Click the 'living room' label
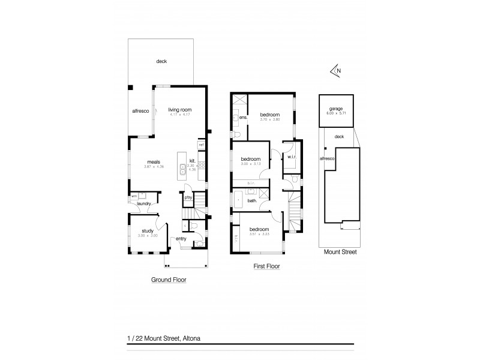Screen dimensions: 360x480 [179, 110]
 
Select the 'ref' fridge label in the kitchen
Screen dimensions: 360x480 [202, 145]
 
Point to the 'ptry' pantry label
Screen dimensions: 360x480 [188, 197]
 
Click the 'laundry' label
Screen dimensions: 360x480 [143, 203]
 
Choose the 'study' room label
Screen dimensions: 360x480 [148, 230]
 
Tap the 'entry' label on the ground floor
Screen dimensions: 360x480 [181, 239]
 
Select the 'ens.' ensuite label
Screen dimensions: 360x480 [243, 118]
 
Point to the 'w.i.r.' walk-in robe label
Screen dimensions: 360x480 [292, 158]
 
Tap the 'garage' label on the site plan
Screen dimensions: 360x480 [336, 109]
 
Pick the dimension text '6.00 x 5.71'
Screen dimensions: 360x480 [336, 113]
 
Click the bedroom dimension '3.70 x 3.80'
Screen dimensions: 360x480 [270, 119]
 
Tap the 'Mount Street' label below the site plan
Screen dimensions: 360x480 [340, 253]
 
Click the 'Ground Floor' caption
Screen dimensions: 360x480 [167, 280]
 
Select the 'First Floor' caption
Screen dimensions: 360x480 [267, 266]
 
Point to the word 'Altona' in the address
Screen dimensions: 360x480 [190, 338]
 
